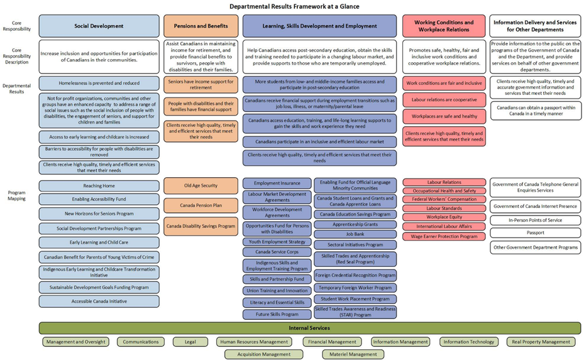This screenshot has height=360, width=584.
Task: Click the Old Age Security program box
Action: pyautogui.click(x=201, y=185)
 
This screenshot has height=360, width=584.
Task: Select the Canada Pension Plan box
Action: pyautogui.click(x=201, y=205)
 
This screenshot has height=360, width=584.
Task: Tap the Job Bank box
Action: pyautogui.click(x=355, y=234)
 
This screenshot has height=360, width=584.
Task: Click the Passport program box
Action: pyautogui.click(x=535, y=232)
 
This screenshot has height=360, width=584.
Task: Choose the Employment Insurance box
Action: pyautogui.click(x=277, y=183)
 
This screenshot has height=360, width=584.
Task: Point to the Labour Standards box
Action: pyautogui.click(x=444, y=209)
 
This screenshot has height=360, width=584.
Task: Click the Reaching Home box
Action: pyautogui.click(x=99, y=186)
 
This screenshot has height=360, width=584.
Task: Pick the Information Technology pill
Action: pyautogui.click(x=468, y=342)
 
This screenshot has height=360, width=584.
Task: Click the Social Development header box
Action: pyautogui.click(x=99, y=26)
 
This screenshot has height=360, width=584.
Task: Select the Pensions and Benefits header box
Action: pyautogui.click(x=201, y=26)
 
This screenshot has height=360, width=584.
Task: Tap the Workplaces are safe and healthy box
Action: pyautogui.click(x=444, y=116)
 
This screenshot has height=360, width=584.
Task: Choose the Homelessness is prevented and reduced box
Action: pyautogui.click(x=99, y=83)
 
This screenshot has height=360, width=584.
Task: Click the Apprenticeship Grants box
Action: pyautogui.click(x=355, y=224)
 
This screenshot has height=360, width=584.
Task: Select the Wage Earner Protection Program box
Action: pyautogui.click(x=444, y=236)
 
